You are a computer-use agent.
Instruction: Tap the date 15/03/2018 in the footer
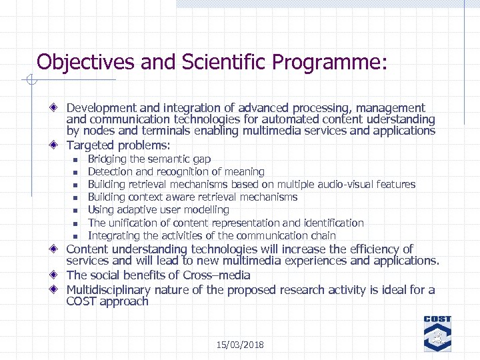tap(240, 345)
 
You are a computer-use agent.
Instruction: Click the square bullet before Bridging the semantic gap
tap(76, 159)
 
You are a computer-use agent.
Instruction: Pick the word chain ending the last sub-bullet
tap(322, 235)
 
